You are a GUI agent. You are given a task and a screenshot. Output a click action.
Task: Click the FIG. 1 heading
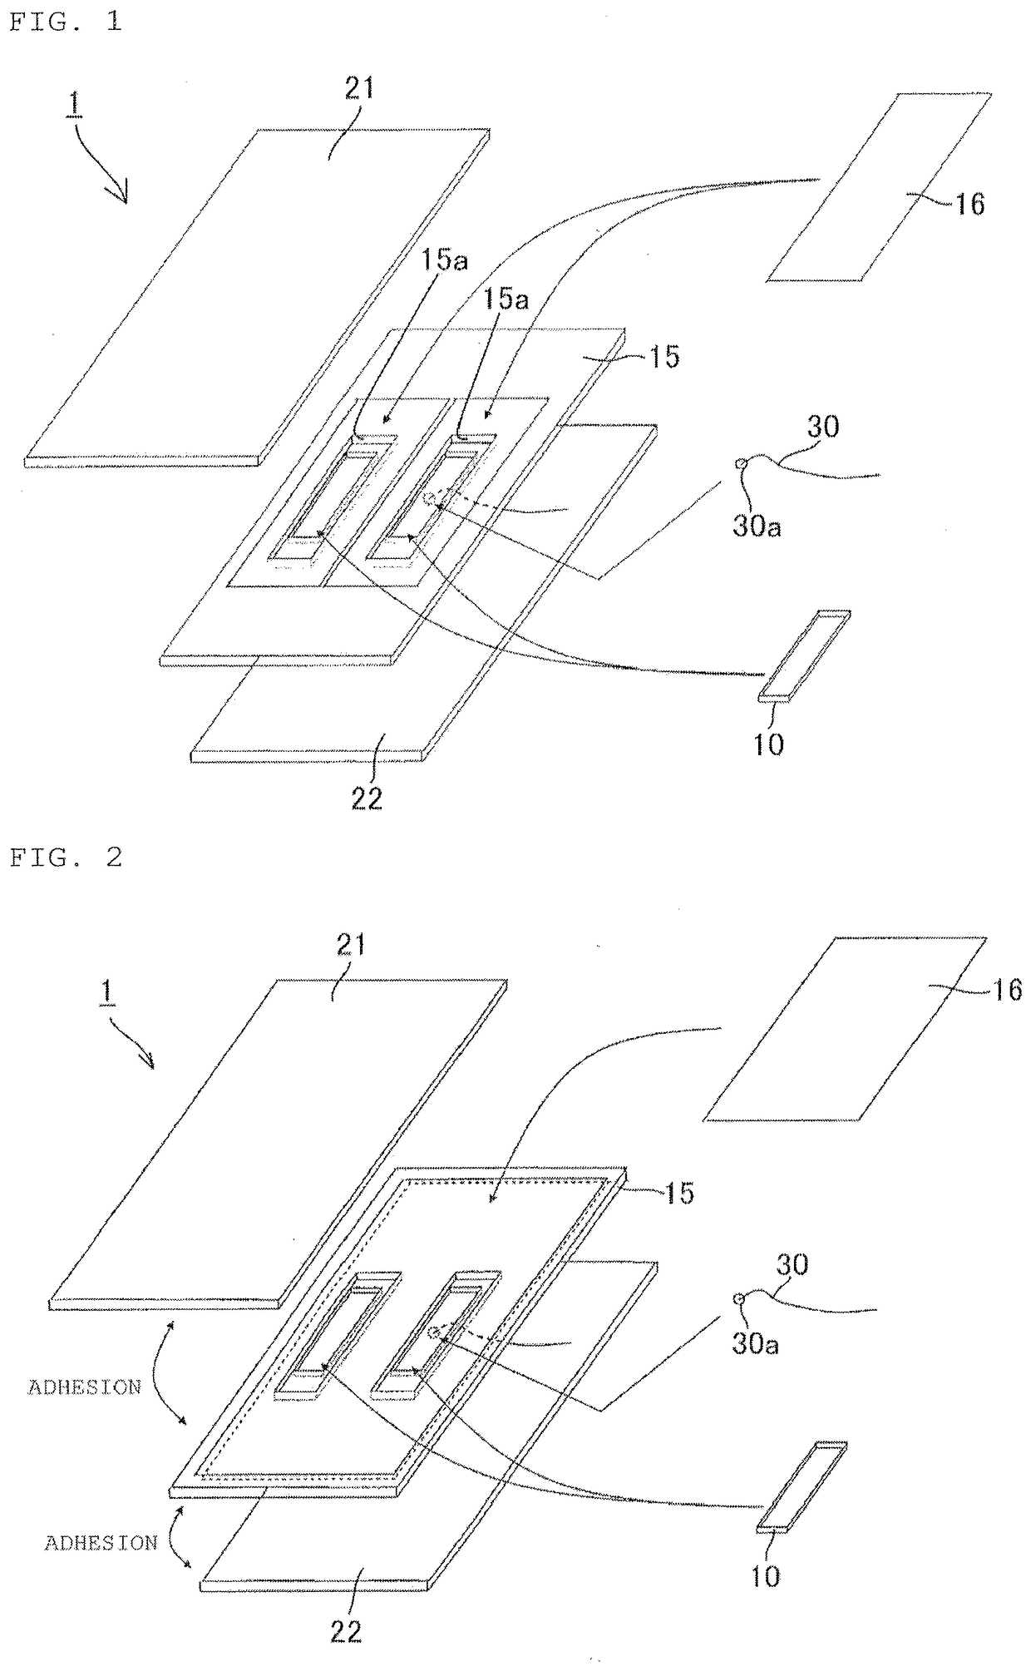click(65, 22)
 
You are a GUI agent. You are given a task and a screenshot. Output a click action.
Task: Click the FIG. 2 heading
click(66, 858)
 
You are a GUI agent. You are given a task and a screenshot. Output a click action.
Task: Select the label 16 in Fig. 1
click(969, 204)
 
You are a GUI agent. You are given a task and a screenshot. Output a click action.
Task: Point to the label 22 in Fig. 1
click(367, 798)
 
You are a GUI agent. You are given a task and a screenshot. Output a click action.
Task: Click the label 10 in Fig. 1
click(768, 744)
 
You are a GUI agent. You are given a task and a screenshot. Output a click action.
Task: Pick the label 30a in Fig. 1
click(757, 526)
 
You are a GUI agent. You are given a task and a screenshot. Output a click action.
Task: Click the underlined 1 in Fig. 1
click(76, 107)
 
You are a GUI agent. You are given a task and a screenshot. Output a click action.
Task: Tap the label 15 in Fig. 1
click(664, 357)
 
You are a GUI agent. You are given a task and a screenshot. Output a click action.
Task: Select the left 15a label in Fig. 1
click(444, 260)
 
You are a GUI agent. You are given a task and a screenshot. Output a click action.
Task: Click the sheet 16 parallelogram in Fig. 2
click(844, 1030)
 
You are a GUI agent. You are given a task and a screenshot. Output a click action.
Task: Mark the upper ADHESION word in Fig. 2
click(85, 1387)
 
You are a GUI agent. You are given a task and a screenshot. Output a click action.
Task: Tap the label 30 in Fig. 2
click(792, 1264)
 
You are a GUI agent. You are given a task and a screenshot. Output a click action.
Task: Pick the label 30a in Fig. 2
click(755, 1344)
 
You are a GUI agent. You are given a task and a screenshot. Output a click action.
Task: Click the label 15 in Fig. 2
click(679, 1193)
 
